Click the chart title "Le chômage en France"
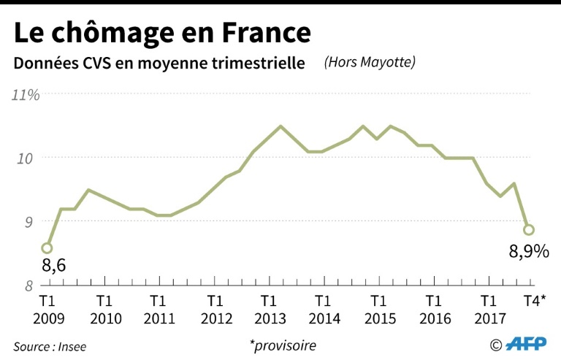pos(162,32)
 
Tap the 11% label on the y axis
pos(25,95)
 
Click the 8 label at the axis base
pos(29,285)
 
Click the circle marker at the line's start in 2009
pos(47,248)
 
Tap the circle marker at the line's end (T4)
pos(529,230)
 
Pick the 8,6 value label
pos(53,267)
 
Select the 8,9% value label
pos(528,252)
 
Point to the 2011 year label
pos(159,318)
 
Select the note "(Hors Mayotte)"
pos(370,63)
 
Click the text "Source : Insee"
pos(50,346)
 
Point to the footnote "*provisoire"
pos(282,345)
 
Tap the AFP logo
pos(526,344)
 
